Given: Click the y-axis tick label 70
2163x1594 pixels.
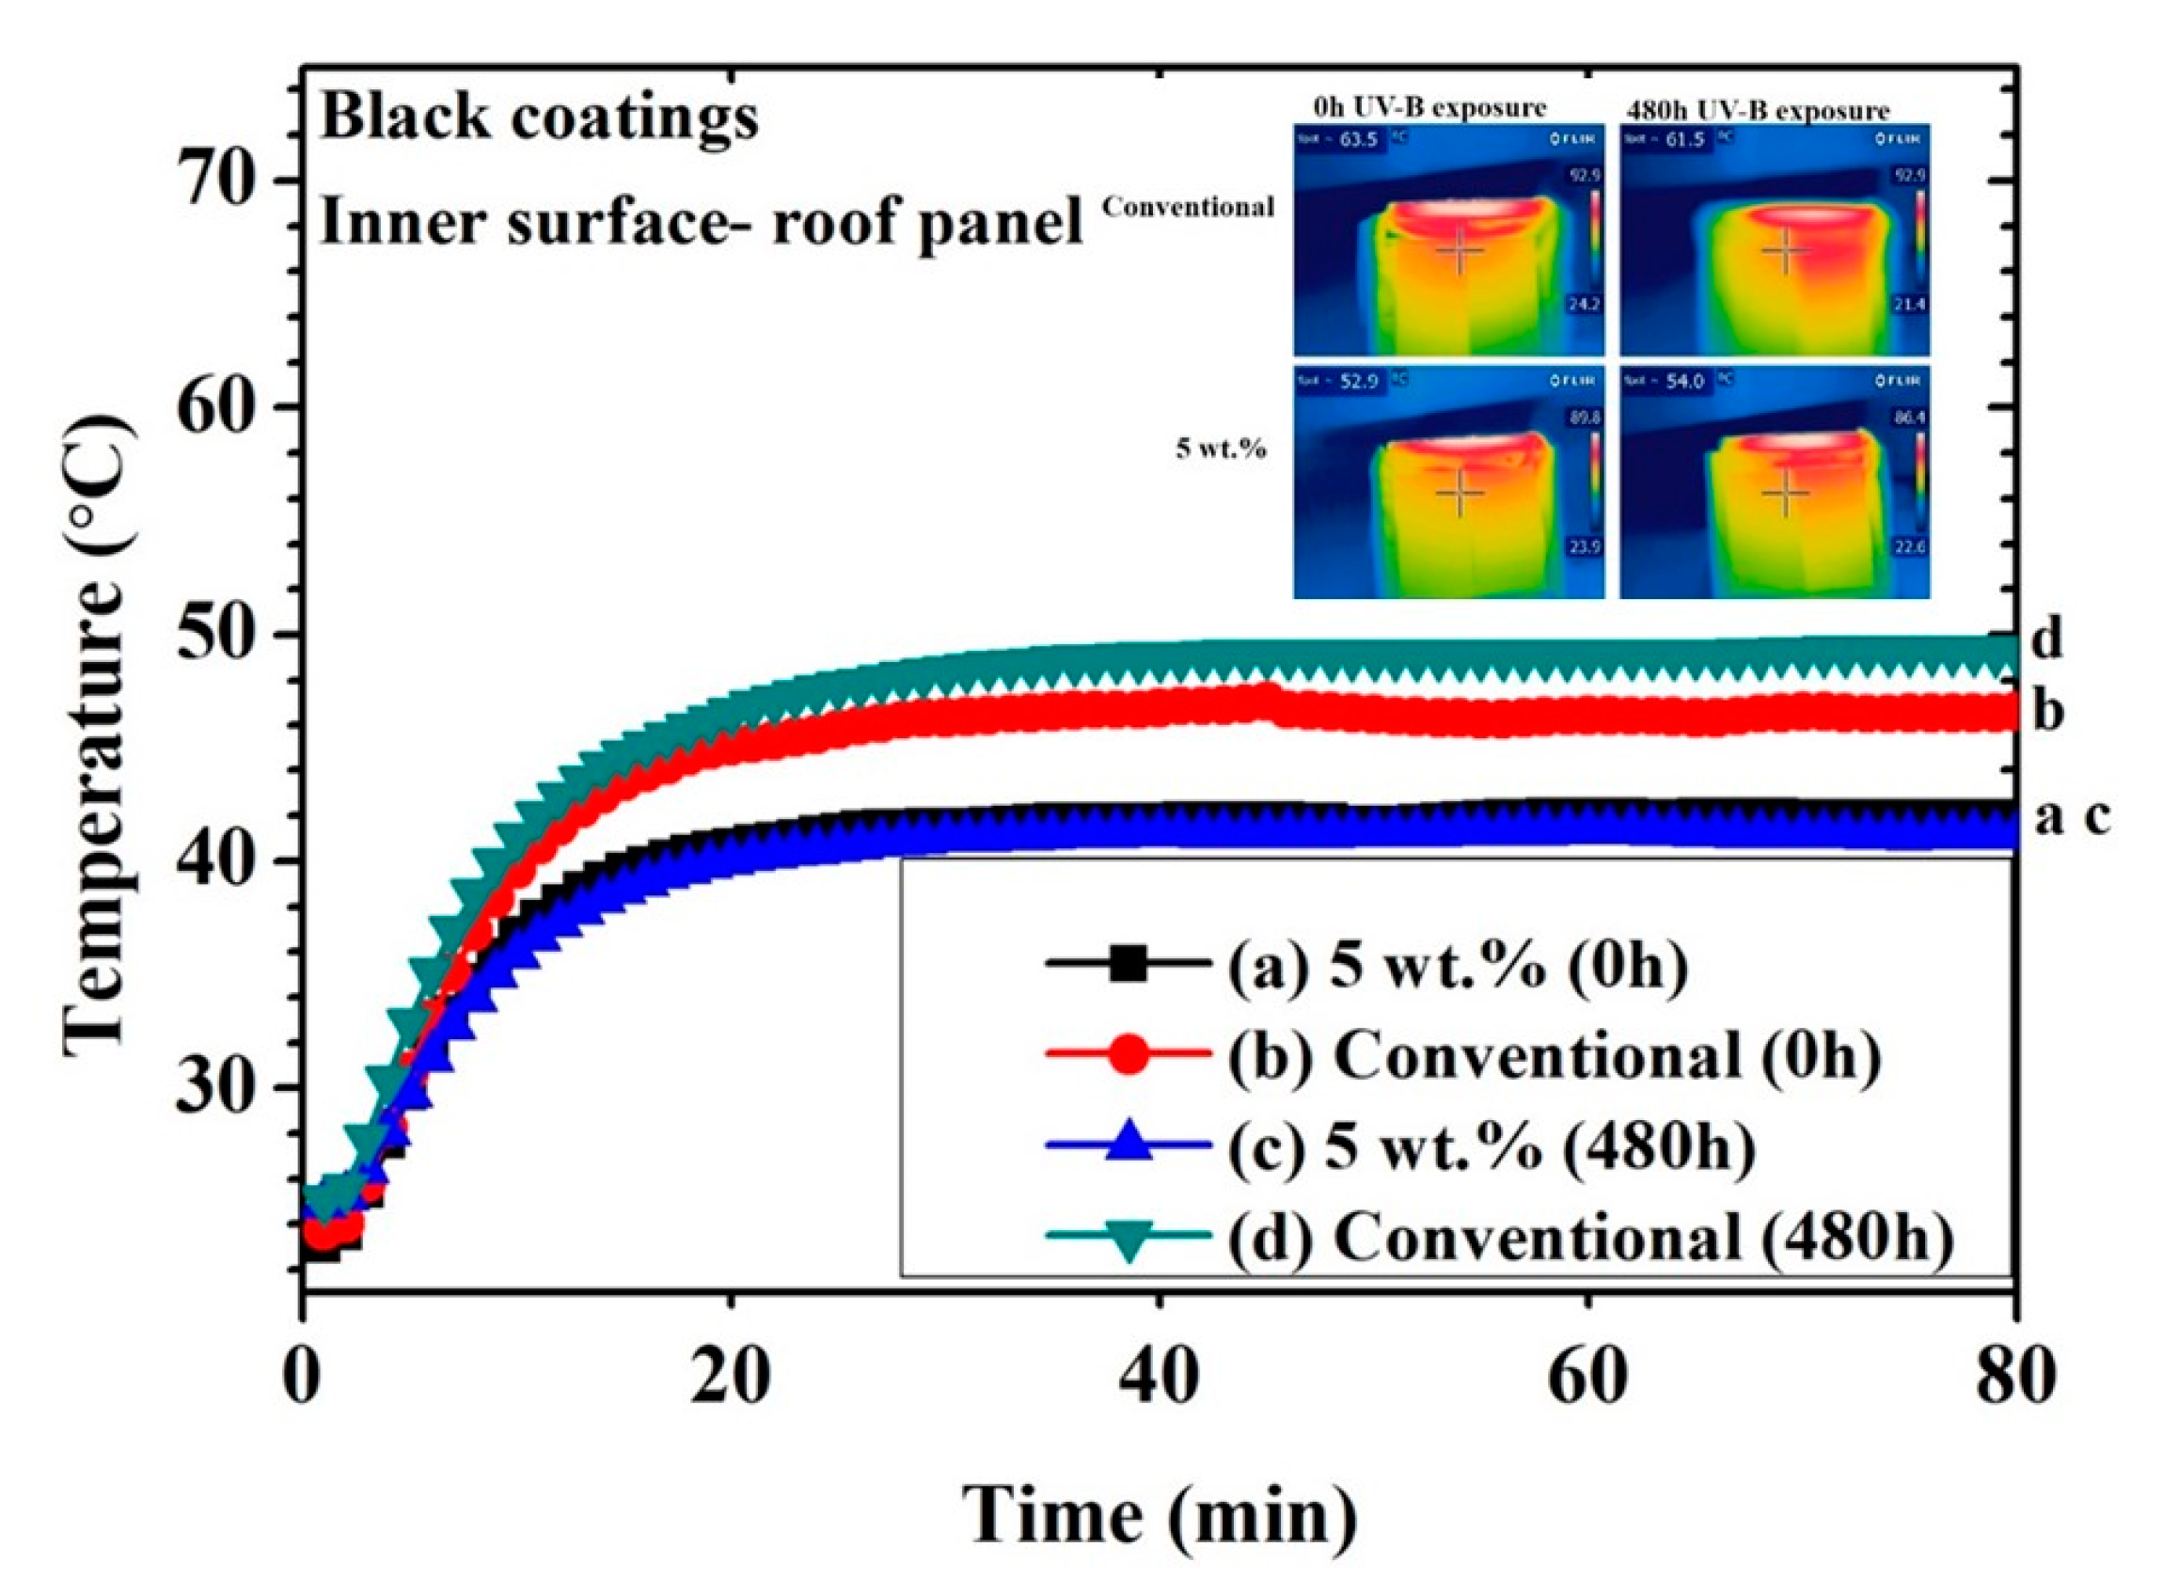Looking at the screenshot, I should coord(223,181).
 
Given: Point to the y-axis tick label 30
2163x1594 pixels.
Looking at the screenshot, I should coord(223,1087).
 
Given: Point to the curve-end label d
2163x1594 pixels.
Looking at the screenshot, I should coord(2045,639).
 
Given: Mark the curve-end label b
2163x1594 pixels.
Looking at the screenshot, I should coord(2047,712).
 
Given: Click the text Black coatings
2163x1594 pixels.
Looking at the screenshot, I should coord(539,118).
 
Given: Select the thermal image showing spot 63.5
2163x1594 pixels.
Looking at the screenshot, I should coord(1448,239).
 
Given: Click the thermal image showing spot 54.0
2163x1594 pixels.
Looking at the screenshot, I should coord(1774,481).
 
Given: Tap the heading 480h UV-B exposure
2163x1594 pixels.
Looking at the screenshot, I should coord(1756,110).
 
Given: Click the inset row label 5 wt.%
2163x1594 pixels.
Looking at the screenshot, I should coord(1221,449).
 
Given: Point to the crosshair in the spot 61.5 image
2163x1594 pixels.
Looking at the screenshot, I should coord(1785,251).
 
